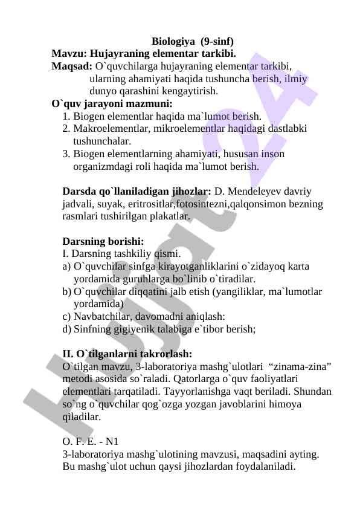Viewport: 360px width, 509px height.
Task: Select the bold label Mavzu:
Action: [69, 53]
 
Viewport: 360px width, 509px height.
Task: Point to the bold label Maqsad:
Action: [72, 66]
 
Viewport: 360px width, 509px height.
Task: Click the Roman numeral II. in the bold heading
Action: [69, 354]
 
